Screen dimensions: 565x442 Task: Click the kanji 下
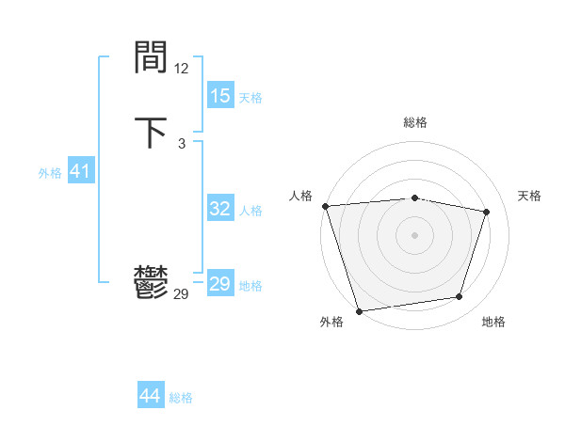[x=152, y=132]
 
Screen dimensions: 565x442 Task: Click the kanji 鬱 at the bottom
[x=152, y=283]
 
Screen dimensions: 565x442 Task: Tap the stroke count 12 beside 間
[x=181, y=69]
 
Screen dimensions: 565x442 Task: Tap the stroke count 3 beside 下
[x=181, y=143]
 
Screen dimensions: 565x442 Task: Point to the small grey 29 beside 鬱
[x=181, y=294]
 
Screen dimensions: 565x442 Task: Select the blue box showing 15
[x=220, y=96]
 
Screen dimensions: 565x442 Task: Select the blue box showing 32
[x=220, y=209]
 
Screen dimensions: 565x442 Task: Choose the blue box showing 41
[x=80, y=171]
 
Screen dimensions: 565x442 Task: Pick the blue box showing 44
[x=151, y=396]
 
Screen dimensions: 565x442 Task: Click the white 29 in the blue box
[x=220, y=284]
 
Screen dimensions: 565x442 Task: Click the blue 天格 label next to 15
[x=250, y=98]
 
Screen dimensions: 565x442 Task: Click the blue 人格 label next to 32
[x=250, y=211]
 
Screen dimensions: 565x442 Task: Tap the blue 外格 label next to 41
[x=50, y=173]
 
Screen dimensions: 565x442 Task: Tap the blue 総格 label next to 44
[x=181, y=398]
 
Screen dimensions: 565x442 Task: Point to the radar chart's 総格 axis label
[x=414, y=122]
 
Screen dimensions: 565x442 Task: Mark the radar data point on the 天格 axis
[x=487, y=212]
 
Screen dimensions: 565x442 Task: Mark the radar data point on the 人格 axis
[x=325, y=206]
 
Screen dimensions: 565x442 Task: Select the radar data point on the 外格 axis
[x=359, y=310]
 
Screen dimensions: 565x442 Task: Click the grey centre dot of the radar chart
[x=414, y=234]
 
